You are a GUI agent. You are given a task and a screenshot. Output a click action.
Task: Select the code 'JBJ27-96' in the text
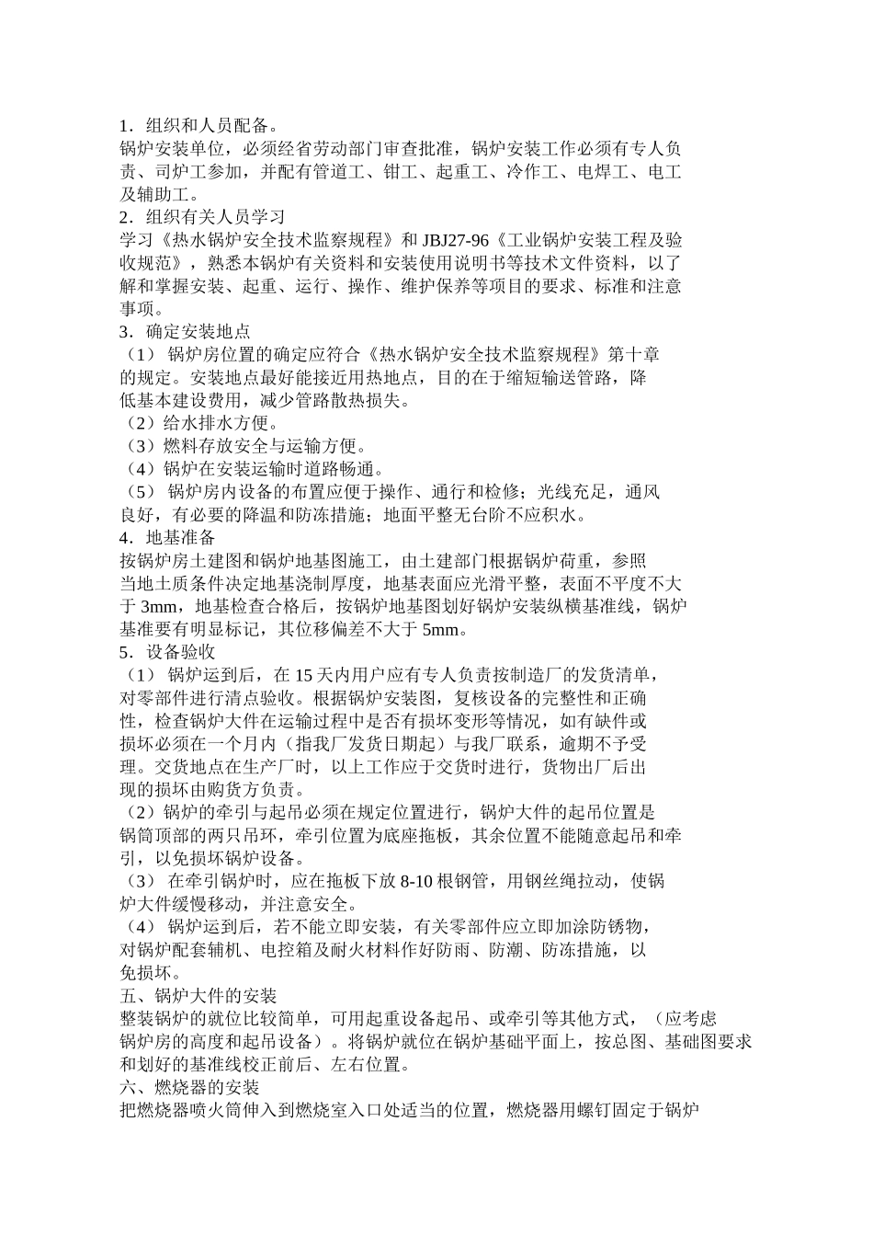click(456, 240)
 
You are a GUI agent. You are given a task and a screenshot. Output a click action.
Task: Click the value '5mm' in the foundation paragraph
click(441, 629)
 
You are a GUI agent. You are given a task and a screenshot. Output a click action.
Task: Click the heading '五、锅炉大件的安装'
click(198, 995)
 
